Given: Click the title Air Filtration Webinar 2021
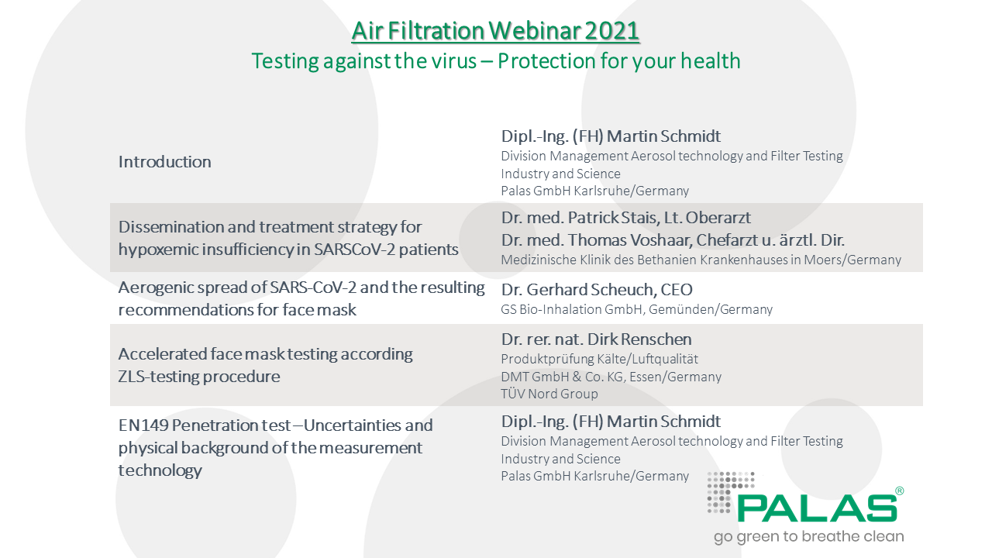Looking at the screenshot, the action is tap(495, 31).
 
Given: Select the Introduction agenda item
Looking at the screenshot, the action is tap(165, 162).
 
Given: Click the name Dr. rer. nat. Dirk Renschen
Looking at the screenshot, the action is tap(596, 339).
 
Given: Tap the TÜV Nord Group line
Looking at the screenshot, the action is tap(549, 394).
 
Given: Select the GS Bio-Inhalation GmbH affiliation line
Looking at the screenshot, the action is tap(636, 309).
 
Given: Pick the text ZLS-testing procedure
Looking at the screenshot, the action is tap(199, 377).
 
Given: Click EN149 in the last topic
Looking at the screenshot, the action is tap(143, 425).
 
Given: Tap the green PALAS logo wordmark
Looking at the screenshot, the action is tap(817, 508).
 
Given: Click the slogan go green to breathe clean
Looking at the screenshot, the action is tap(808, 536).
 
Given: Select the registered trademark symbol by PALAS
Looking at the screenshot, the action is tap(900, 491).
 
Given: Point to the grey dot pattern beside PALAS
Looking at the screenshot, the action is tap(730, 492).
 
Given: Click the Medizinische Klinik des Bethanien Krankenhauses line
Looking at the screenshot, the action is tap(701, 260).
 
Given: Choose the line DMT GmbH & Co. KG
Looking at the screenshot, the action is tap(611, 377).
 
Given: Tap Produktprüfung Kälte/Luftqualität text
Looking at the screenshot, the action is tap(599, 359).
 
